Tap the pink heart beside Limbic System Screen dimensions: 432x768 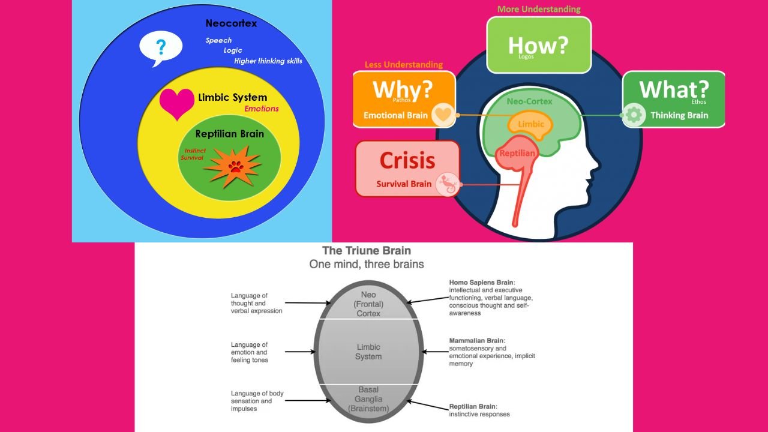(x=177, y=104)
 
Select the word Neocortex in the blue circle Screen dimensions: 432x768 (x=232, y=23)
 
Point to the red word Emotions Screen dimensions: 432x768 (x=262, y=109)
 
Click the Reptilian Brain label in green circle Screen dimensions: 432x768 (x=229, y=133)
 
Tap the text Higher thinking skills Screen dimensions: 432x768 (x=268, y=61)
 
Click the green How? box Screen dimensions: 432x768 (x=538, y=45)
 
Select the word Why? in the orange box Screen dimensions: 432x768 (x=402, y=89)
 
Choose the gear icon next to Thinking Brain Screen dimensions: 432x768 (x=634, y=115)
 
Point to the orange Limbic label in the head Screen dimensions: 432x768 (x=530, y=124)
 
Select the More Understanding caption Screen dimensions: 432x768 (x=539, y=9)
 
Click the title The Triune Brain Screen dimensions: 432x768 (x=367, y=250)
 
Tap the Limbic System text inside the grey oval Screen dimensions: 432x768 (x=368, y=352)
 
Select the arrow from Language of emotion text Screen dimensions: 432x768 (x=300, y=352)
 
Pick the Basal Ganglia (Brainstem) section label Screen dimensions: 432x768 (x=368, y=399)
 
